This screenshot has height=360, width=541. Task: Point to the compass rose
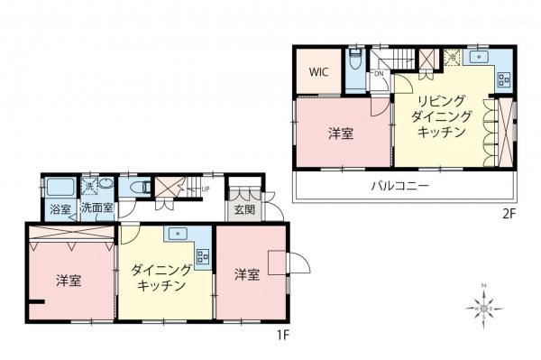click(484, 309)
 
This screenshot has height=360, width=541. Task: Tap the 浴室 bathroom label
click(60, 208)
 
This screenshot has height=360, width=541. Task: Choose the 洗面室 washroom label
click(96, 208)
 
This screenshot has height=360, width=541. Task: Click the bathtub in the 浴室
click(60, 189)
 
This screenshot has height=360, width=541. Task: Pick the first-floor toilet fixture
click(139, 187)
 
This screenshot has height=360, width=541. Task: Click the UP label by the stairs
click(206, 189)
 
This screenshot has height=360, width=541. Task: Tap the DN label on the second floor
click(379, 74)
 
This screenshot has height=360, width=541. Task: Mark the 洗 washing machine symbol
click(89, 184)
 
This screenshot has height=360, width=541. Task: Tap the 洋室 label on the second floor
click(340, 133)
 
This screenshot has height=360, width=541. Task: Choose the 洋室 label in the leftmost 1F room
click(69, 280)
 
